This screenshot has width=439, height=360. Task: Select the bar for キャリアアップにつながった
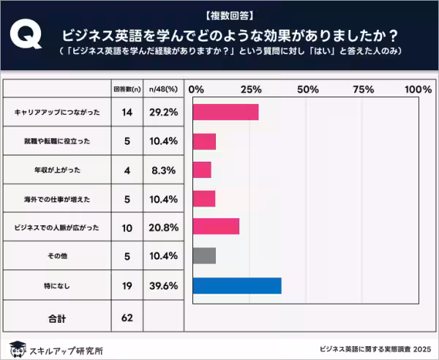click(x=225, y=112)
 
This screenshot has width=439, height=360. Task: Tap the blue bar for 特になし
click(x=236, y=285)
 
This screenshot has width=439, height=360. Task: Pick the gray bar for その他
click(x=204, y=255)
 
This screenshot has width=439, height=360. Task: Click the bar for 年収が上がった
click(x=202, y=170)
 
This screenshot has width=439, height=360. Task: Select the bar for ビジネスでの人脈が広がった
click(x=216, y=227)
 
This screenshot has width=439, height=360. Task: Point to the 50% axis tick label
click(x=308, y=89)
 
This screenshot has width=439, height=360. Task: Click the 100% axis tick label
click(x=418, y=89)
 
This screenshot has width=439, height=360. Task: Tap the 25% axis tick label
click(x=251, y=89)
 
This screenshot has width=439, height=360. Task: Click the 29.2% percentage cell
click(x=163, y=113)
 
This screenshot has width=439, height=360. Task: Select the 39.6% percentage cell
click(x=163, y=285)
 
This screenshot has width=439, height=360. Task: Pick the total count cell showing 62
click(x=127, y=318)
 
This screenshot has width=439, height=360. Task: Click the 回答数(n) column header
click(x=127, y=89)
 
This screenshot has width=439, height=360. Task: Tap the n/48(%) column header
click(x=163, y=89)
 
